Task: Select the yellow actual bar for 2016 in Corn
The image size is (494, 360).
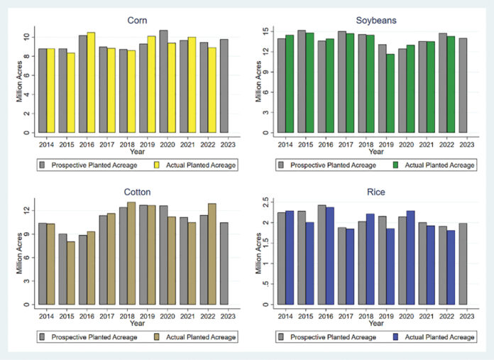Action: [x=91, y=82]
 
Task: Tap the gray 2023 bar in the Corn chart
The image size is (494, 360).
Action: [x=224, y=86]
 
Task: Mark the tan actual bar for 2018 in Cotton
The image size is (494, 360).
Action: [x=131, y=253]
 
